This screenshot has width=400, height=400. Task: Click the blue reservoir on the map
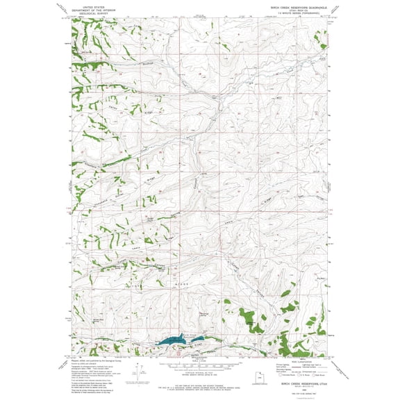tap(166, 342)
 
